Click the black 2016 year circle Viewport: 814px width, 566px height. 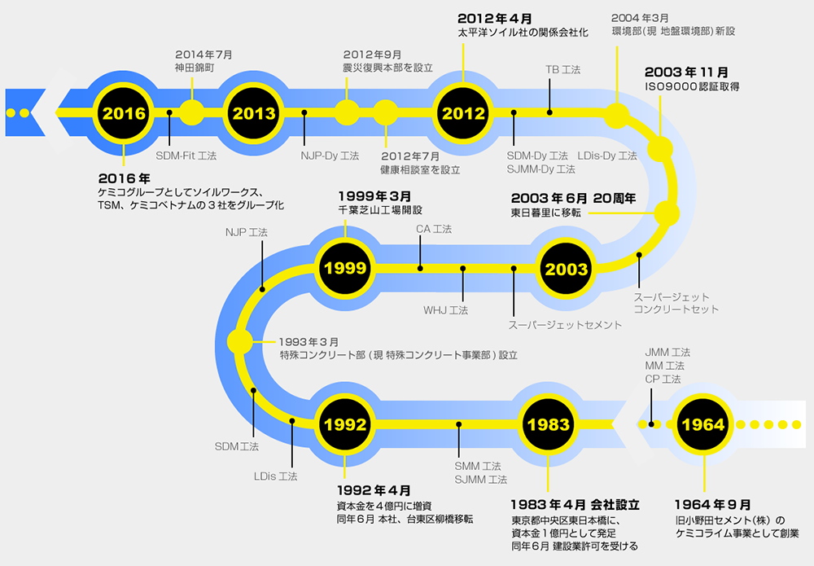[124, 112]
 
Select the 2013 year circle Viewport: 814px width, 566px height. [254, 112]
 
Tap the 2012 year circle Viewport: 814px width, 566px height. [463, 112]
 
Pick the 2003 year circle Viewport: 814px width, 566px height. [566, 269]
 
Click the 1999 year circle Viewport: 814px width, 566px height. [345, 268]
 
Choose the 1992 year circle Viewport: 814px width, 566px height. [345, 424]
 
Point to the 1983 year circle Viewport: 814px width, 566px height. [549, 424]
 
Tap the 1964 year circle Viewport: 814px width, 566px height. [703, 424]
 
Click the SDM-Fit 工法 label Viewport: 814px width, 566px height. [186, 156]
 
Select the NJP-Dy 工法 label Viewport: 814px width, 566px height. [330, 156]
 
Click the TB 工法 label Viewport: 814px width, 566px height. [562, 69]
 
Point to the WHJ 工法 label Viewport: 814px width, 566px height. [445, 310]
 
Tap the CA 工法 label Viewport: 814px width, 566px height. [434, 229]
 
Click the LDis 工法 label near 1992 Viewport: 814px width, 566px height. [276, 476]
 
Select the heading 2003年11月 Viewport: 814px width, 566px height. [686, 72]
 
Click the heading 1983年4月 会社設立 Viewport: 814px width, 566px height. [575, 505]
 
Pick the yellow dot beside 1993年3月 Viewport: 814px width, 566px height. [240, 342]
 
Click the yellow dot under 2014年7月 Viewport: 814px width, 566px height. [191, 112]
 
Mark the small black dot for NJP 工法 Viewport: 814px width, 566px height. [262, 289]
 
